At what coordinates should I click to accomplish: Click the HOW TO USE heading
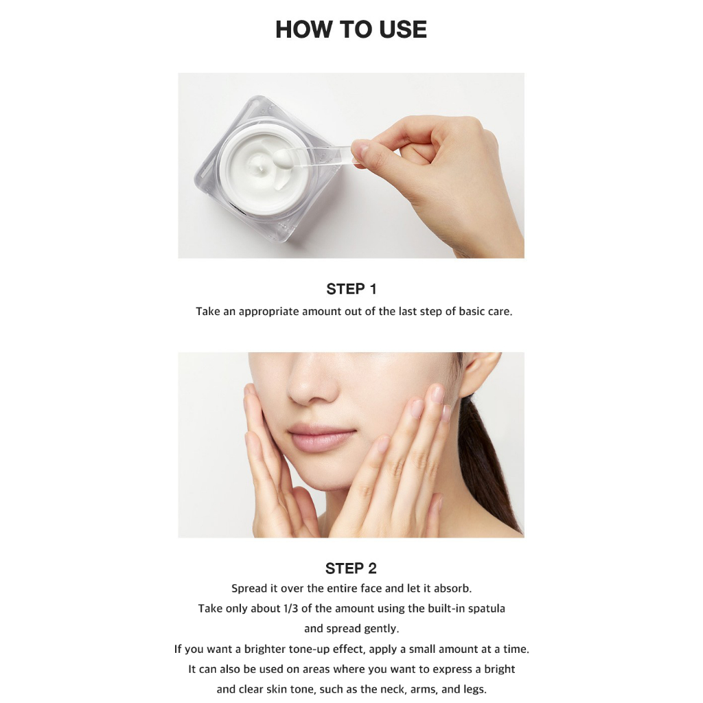pos(351,30)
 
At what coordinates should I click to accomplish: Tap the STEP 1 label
pos(351,289)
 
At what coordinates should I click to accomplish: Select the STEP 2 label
pos(351,568)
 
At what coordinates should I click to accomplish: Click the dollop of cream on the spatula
pos(284,159)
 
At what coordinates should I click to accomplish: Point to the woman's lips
pos(322,437)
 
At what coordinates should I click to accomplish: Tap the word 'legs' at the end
pos(475,689)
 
